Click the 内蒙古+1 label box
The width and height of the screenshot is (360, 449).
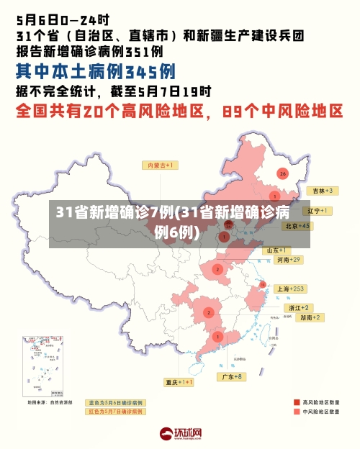coord(162,165)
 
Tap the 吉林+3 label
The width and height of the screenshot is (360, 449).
coord(320,191)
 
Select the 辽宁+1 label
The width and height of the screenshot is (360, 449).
coord(316,211)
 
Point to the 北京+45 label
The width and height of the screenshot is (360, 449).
coord(297,226)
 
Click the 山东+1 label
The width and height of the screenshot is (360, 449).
coord(277,250)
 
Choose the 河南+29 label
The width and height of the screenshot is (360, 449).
coord(285,259)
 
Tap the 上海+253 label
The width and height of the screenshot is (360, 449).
coord(291,289)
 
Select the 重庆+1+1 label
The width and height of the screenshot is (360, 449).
coord(179,382)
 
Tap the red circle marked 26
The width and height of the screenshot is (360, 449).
coord(283,174)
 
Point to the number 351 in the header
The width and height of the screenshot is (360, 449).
coord(143,51)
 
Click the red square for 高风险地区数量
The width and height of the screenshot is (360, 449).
coord(297,402)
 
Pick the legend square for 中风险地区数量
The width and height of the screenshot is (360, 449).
coord(297,413)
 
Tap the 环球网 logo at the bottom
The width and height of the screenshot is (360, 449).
coord(180,434)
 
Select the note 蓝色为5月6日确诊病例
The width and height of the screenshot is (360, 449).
coord(115,402)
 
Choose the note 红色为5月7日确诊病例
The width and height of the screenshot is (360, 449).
coord(115,412)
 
